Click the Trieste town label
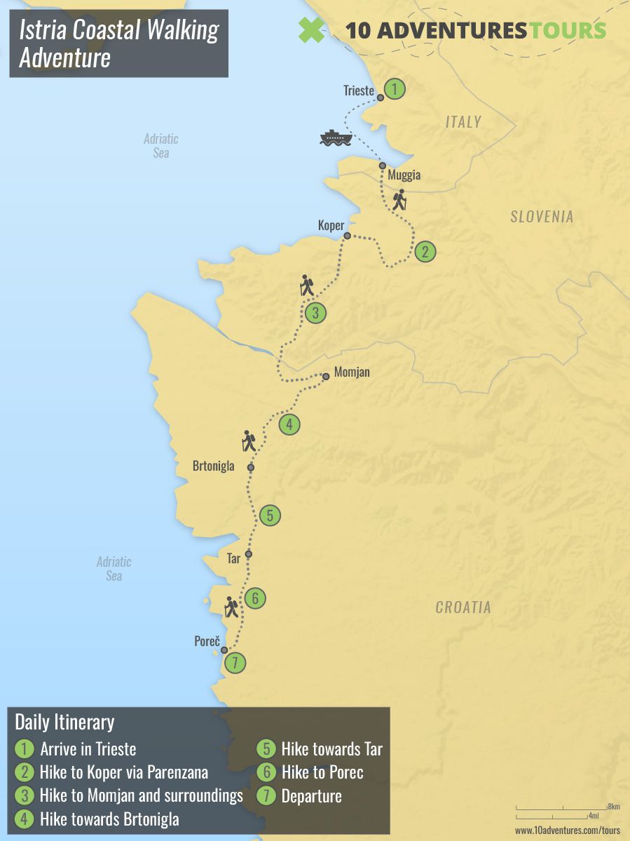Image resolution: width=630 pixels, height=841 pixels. coord(359,90)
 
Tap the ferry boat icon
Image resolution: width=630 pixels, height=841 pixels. coord(336,137)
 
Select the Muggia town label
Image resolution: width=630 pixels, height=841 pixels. coord(404,175)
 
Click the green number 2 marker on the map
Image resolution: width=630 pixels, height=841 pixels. coord(425,252)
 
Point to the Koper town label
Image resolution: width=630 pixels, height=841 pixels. coord(331,225)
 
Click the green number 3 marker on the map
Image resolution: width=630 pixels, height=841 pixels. coord(315,313)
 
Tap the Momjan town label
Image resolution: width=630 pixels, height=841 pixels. coord(352,372)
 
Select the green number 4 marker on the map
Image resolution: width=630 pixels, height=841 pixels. coord(289,424)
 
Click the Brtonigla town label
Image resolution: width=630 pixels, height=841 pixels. coord(214,466)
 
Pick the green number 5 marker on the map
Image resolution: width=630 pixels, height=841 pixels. coord(270,516)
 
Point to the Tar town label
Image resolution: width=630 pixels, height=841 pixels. coord(234,559)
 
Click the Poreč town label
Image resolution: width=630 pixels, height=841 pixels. coord(207,641)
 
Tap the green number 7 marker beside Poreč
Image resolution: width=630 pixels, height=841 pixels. coord(236,662)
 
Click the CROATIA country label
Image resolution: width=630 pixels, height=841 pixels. coord(463,607)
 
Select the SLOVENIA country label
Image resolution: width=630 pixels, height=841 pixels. coord(542,217)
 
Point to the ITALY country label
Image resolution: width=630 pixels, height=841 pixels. coord(463,122)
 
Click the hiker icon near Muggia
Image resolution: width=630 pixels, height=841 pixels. coord(399,200)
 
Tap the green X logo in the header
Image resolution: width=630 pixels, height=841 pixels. coord(312,29)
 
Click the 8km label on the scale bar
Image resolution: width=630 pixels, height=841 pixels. coord(614,807)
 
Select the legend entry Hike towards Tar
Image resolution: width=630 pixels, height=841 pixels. coord(331,749)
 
